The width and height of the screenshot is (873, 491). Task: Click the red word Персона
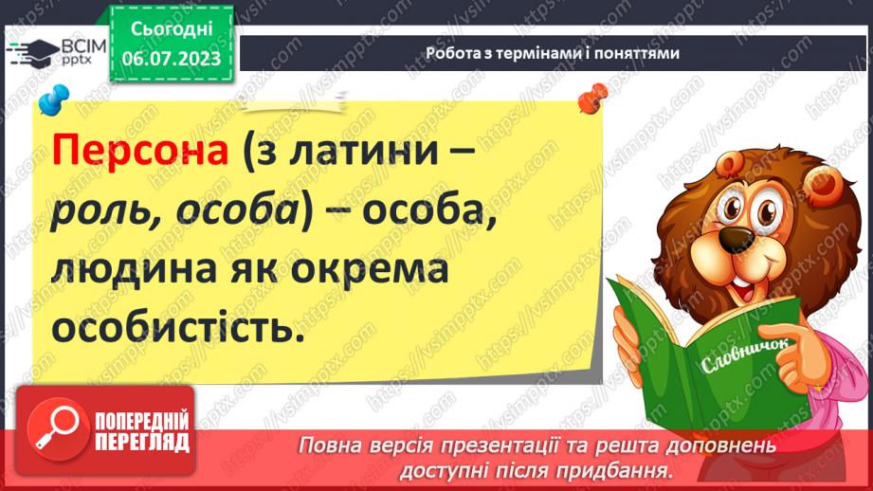click(x=141, y=154)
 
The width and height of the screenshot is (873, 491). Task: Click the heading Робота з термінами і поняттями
click(x=552, y=54)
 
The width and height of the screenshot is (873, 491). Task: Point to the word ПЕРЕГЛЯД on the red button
click(x=141, y=440)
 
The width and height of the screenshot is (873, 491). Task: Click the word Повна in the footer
click(x=329, y=446)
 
